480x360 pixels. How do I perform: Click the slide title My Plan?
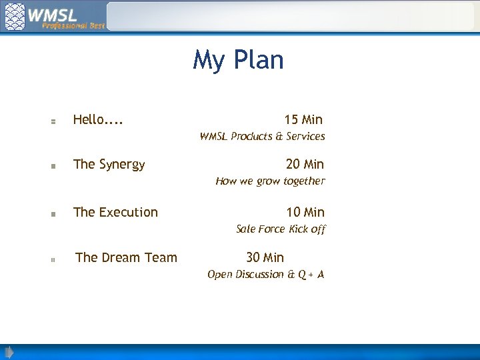[238, 60]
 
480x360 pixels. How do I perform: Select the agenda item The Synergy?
[109, 164]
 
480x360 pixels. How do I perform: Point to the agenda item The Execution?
[115, 212]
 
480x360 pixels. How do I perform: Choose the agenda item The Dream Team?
[126, 257]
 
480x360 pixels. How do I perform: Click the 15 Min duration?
[303, 120]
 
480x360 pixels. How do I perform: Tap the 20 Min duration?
[305, 164]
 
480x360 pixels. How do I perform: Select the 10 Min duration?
[305, 212]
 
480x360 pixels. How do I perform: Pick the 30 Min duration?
[265, 257]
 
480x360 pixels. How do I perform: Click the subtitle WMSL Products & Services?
[262, 137]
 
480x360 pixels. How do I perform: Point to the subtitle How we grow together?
[270, 181]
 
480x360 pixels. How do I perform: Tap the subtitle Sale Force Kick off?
[281, 229]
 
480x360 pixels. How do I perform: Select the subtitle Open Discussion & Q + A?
[265, 275]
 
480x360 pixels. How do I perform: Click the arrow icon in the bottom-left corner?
[8, 352]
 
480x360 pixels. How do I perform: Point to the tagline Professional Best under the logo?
[73, 25]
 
